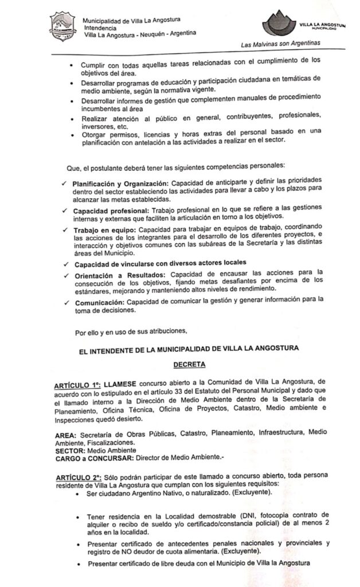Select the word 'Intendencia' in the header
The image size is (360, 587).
point(100,27)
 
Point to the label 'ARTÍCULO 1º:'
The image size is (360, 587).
point(76,382)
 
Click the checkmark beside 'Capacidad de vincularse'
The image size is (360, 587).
point(66,265)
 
